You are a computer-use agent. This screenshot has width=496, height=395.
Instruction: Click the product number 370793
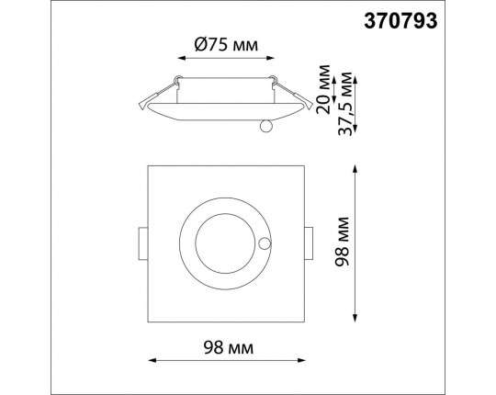400,21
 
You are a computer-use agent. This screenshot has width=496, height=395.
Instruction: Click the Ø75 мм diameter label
226,45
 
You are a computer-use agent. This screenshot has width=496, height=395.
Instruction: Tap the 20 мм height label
323,89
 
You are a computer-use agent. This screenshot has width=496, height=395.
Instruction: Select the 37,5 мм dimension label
344,104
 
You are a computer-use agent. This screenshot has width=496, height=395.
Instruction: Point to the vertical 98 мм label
343,242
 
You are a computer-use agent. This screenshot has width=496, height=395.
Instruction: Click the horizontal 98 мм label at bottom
229,348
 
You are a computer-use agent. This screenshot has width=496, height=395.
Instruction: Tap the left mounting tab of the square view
143,243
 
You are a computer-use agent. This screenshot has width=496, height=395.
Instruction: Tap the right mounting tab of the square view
309,243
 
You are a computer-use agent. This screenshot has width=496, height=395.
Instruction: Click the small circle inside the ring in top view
265,243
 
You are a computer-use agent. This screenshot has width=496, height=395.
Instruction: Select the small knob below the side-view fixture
266,126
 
